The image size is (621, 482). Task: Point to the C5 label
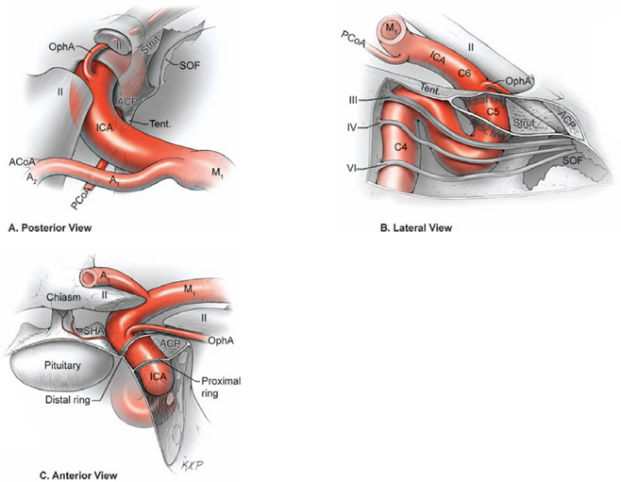click(x=492, y=111)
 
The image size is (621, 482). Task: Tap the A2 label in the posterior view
click(x=32, y=176)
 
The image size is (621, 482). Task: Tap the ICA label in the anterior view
click(x=157, y=379)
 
